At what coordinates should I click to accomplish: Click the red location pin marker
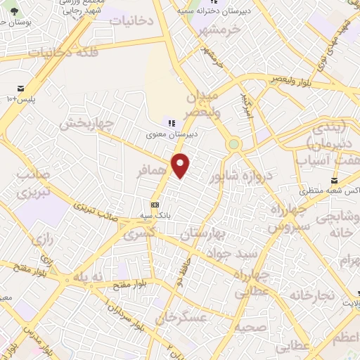click(181, 165)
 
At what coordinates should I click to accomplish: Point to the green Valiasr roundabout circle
click(233, 144)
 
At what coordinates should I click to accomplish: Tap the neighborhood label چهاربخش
click(86, 124)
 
